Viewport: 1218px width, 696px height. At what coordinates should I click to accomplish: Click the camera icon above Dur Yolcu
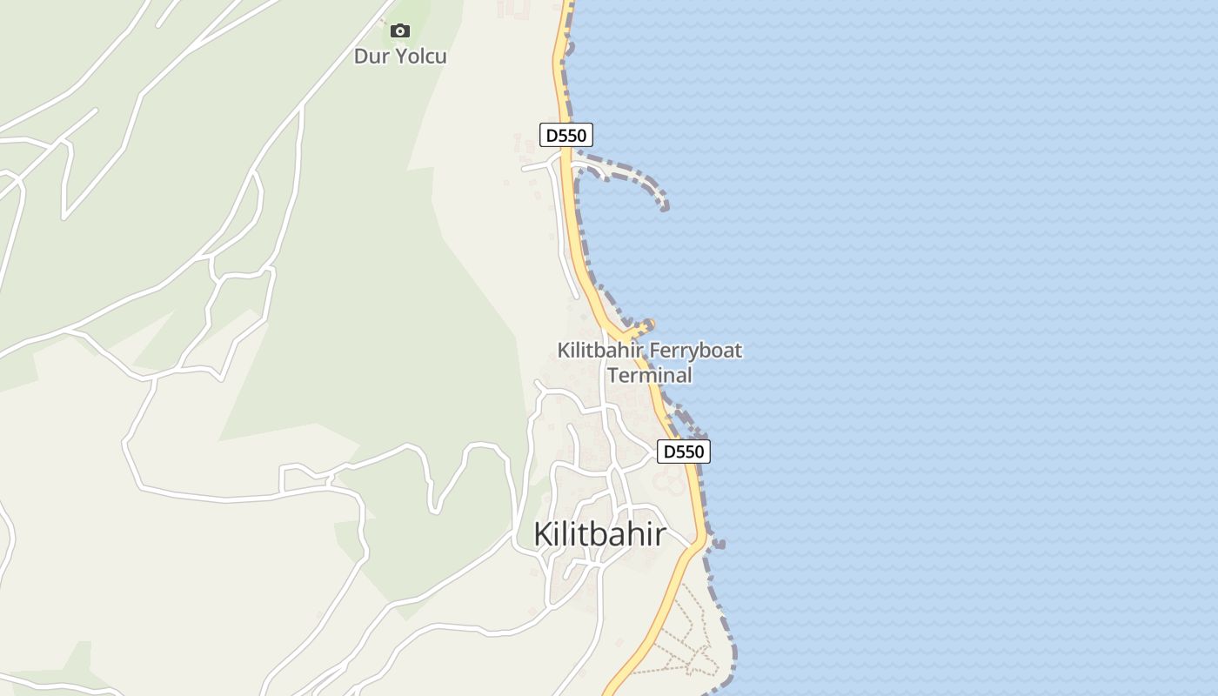400,31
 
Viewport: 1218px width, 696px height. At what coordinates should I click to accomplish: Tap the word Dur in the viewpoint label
371,57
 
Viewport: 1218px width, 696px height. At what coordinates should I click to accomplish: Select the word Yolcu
421,57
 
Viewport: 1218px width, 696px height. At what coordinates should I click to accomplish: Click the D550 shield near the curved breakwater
566,136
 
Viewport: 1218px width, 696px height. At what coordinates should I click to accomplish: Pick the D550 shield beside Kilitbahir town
683,452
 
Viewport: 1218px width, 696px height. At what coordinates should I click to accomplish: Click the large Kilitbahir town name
599,534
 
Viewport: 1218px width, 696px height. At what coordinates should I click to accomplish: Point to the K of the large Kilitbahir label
543,534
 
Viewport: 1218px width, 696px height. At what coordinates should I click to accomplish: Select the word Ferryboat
695,351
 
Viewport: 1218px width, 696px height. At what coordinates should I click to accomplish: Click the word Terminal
650,375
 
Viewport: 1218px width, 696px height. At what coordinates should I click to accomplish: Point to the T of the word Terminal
613,375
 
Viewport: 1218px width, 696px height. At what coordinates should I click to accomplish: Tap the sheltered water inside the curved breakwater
622,196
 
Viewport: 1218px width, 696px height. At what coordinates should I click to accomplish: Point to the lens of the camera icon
400,32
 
